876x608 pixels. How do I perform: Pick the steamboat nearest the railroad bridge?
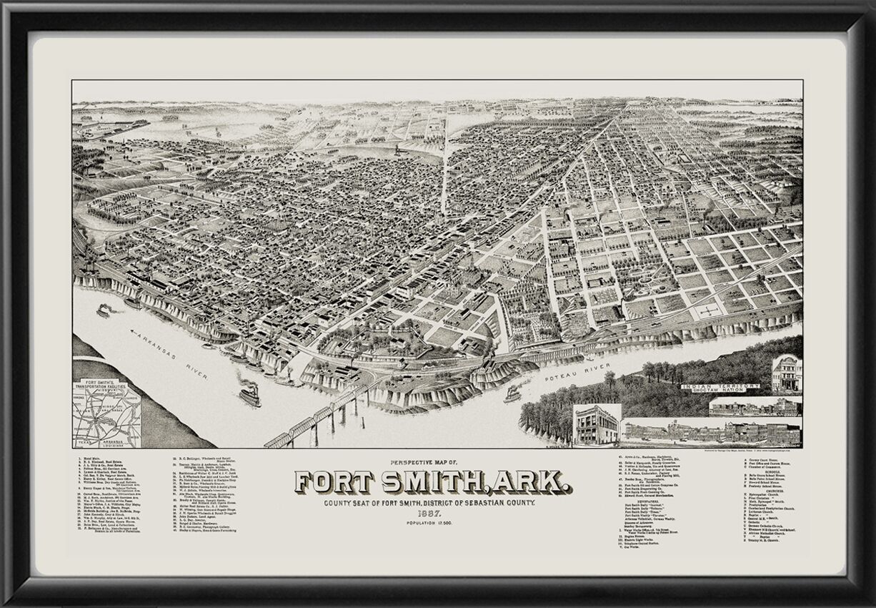249,395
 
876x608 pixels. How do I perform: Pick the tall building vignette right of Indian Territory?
786,372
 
